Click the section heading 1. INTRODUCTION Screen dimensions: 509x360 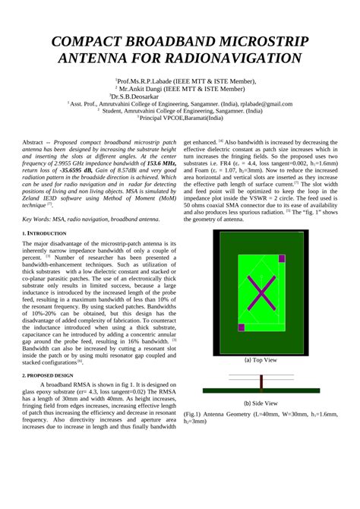pos(44,232)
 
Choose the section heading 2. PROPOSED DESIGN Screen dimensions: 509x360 pos(48,375)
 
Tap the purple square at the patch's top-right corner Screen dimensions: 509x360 pos(281,260)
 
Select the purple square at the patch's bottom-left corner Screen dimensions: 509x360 pos(242,327)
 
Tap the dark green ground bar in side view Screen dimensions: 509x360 pos(260,390)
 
